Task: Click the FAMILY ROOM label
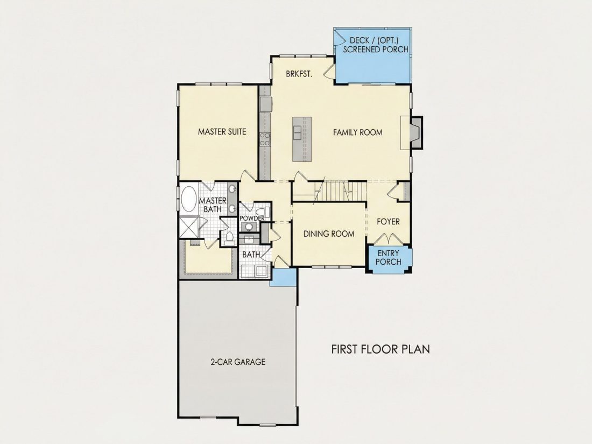(x=357, y=132)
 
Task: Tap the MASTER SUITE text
(x=222, y=132)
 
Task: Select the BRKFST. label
(x=299, y=74)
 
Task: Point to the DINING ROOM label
(x=329, y=234)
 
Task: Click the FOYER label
(x=388, y=222)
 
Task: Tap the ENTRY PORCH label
(x=389, y=257)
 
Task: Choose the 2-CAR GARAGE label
(x=238, y=362)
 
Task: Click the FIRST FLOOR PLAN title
(x=380, y=349)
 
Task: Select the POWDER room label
(x=252, y=219)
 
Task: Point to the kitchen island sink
(x=298, y=133)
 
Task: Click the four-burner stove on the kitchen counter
(x=265, y=139)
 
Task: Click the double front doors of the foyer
(x=389, y=238)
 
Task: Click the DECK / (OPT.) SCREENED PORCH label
(x=376, y=45)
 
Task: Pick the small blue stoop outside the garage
(x=283, y=277)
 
